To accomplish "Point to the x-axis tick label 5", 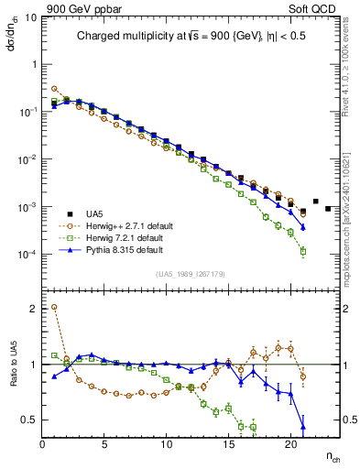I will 104,446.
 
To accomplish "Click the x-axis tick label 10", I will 166,446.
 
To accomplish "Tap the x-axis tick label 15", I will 228,446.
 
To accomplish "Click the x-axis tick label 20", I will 290,446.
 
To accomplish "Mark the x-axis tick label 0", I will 42,446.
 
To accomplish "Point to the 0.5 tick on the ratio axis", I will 28,420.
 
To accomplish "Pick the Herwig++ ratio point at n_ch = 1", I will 55,308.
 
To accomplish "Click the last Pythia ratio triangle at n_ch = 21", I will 303,426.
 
